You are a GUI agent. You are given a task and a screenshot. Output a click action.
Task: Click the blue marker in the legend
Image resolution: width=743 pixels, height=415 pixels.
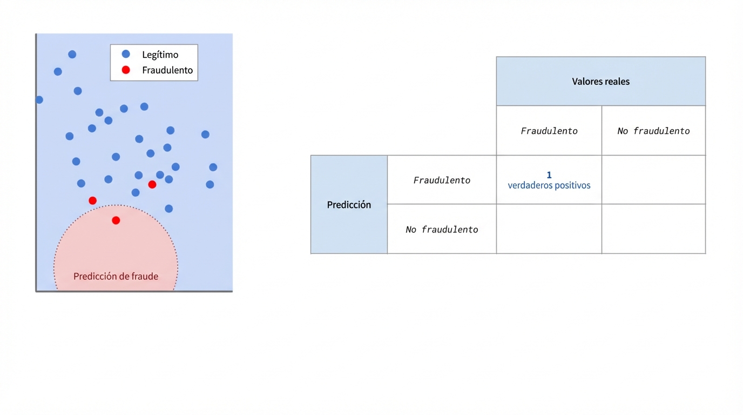tap(126, 54)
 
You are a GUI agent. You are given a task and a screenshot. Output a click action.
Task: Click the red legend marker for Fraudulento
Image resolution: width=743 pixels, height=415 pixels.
tap(126, 70)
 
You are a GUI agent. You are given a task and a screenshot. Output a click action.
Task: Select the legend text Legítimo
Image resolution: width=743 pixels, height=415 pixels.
tap(160, 55)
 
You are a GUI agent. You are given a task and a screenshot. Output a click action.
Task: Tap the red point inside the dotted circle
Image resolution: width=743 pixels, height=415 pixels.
tap(116, 220)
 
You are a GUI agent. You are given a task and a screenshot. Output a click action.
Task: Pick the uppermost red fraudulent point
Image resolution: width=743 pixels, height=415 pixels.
tap(152, 185)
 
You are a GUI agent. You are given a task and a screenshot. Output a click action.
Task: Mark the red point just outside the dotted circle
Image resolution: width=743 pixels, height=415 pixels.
tap(93, 200)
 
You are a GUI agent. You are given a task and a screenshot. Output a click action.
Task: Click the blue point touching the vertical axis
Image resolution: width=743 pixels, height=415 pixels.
tap(39, 100)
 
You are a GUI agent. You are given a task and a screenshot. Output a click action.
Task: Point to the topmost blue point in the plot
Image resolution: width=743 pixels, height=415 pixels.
tap(72, 55)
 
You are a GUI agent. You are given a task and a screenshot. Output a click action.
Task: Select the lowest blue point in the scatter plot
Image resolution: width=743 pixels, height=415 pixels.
tap(169, 209)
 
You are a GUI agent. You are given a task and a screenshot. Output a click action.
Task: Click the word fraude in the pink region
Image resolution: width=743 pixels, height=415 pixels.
tap(144, 277)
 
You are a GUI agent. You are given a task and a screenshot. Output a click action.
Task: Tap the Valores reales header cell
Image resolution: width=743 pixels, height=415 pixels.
tap(600, 82)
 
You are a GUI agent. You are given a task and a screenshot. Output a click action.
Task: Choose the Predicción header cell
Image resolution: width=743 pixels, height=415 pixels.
tap(349, 205)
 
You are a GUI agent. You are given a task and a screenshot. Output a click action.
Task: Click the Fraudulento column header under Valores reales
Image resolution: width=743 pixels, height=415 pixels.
tap(549, 131)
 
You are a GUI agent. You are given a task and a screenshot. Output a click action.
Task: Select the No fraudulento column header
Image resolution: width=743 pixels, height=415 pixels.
tap(653, 131)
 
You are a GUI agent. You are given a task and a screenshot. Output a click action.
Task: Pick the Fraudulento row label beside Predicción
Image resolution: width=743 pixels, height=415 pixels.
tap(442, 180)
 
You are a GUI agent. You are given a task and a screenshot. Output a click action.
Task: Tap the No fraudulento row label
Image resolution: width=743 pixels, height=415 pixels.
tap(442, 230)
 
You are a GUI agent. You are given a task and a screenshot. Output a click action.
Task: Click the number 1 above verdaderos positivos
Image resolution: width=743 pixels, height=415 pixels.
tap(549, 175)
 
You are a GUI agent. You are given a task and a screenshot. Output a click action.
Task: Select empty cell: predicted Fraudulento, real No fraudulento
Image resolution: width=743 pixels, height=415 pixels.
tap(653, 180)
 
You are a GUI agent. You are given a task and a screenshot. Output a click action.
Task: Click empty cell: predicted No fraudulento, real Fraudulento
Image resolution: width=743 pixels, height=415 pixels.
tap(549, 229)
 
